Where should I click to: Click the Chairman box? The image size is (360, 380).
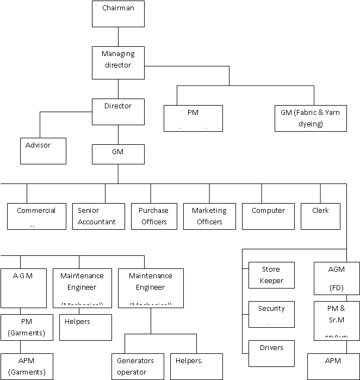tap(118, 14)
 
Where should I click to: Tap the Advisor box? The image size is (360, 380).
tap(44, 151)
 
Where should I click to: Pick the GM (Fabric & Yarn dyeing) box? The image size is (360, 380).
tap(311, 118)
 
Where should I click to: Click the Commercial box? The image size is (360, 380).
tap(36, 216)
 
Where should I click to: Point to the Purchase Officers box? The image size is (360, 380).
tap(153, 216)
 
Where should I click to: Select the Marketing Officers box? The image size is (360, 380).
tap(209, 216)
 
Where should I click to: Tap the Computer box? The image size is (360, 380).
tap(268, 216)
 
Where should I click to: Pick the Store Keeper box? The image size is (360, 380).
tap(271, 275)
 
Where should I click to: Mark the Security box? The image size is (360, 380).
tap(271, 314)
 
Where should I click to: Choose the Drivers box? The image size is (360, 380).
tap(271, 353)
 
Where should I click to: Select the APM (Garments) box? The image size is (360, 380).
tap(27, 366)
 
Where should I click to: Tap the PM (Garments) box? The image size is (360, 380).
tap(27, 327)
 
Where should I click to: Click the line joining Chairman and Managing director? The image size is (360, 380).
tap(118, 36)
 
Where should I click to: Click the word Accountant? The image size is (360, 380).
tap(97, 222)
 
